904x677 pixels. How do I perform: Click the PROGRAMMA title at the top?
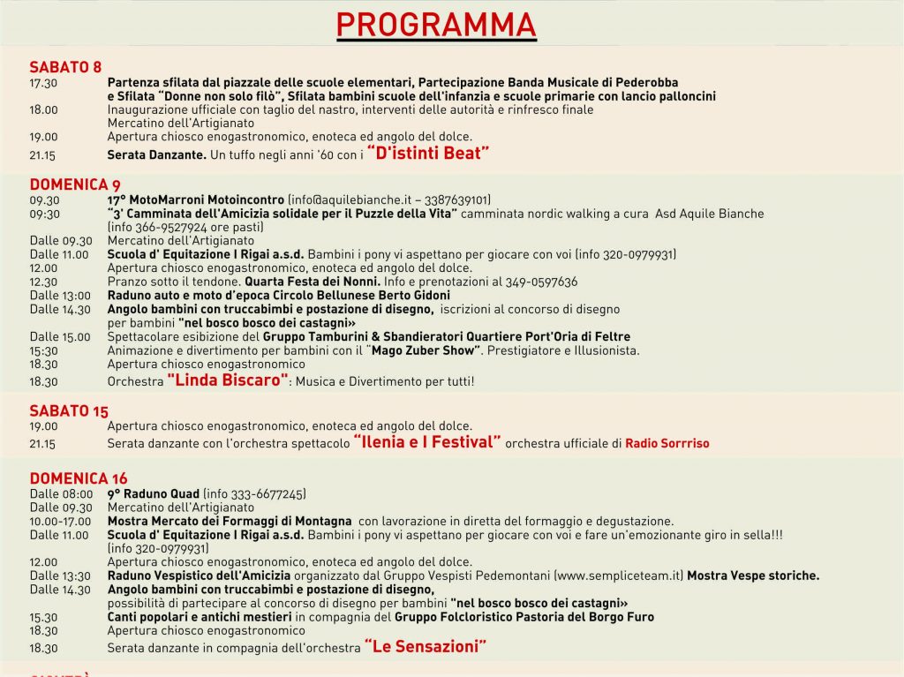[x=436, y=26]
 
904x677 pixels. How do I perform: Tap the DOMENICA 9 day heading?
[x=75, y=184]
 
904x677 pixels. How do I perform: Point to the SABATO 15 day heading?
[x=69, y=410]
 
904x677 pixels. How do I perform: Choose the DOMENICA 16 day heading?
[x=79, y=478]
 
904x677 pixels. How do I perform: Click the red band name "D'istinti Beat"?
[x=428, y=154]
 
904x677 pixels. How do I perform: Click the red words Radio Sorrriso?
[x=667, y=443]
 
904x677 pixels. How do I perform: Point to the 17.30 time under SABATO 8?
[x=43, y=82]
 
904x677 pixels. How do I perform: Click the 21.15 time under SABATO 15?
[x=43, y=443]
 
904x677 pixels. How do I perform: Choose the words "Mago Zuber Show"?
[x=425, y=350]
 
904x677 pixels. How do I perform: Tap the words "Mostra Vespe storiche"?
[x=753, y=575]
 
